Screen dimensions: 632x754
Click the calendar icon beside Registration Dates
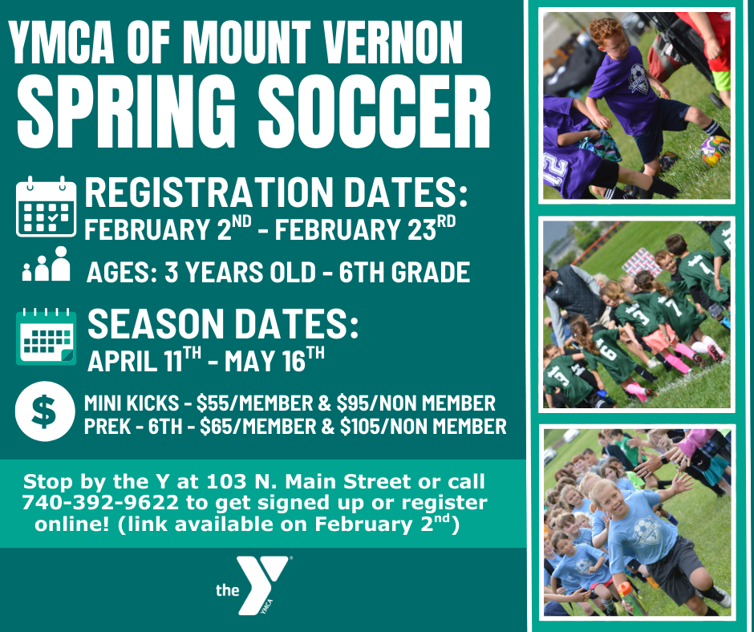(x=46, y=207)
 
